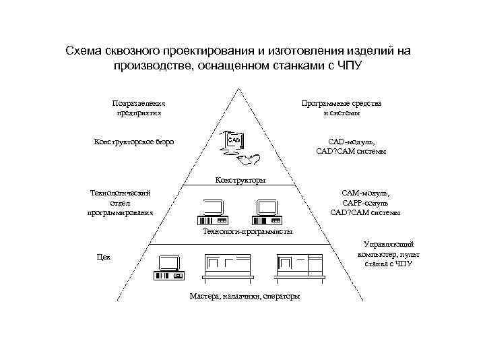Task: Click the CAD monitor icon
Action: pyautogui.click(x=233, y=140)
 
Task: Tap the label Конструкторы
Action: pyautogui.click(x=240, y=180)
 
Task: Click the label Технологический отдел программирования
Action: pyautogui.click(x=120, y=202)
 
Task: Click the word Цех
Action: pyautogui.click(x=103, y=257)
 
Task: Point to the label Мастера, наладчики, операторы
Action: pyautogui.click(x=245, y=297)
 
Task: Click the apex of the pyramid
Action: pyautogui.click(x=245, y=88)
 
